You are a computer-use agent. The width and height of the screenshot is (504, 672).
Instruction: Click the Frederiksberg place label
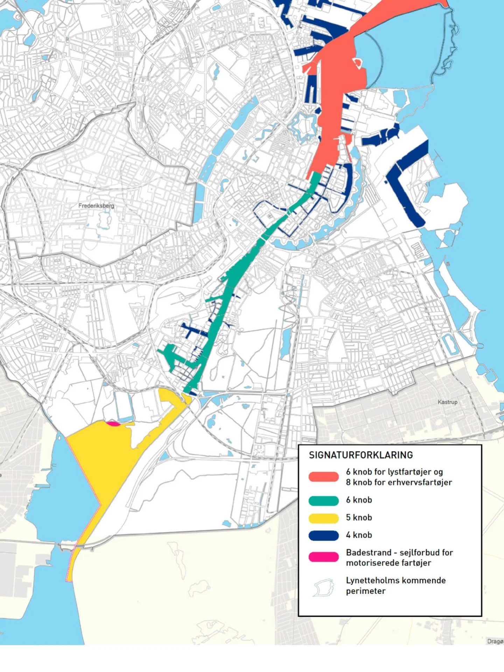click(96, 205)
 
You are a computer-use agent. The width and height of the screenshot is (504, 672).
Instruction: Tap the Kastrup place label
click(447, 402)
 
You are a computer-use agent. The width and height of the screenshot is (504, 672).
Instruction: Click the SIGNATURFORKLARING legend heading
click(360, 455)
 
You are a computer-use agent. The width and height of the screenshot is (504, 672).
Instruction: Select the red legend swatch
click(323, 477)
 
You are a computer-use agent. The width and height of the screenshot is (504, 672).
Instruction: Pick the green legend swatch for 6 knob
click(323, 500)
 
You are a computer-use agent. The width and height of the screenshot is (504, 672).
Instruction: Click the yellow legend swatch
click(323, 518)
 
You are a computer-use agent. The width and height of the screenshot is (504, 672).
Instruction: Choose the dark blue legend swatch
click(323, 535)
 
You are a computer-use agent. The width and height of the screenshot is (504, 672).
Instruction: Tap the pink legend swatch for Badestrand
click(323, 557)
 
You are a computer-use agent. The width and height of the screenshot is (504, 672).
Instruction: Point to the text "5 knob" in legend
click(359, 518)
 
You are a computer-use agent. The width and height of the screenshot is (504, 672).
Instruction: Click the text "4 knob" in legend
click(359, 535)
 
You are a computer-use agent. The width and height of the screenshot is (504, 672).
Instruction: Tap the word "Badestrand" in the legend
click(369, 553)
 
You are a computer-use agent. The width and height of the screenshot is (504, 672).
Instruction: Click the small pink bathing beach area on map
click(113, 424)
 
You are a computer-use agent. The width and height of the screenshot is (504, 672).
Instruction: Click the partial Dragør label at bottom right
click(495, 641)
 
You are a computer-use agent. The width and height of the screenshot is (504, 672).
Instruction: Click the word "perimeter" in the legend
click(365, 591)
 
